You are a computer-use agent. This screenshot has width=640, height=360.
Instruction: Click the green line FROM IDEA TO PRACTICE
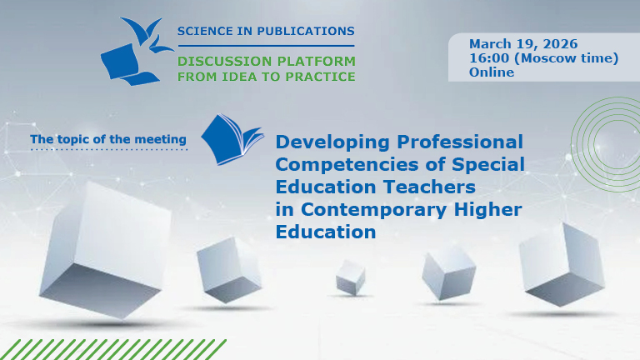266,77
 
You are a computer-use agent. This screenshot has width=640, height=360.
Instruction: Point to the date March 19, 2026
523,43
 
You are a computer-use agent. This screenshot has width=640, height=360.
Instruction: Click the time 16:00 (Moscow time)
543,57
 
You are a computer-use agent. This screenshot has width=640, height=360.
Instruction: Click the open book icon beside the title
232,139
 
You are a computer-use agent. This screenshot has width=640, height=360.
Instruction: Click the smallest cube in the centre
351,276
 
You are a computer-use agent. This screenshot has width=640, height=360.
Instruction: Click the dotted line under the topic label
108,151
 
